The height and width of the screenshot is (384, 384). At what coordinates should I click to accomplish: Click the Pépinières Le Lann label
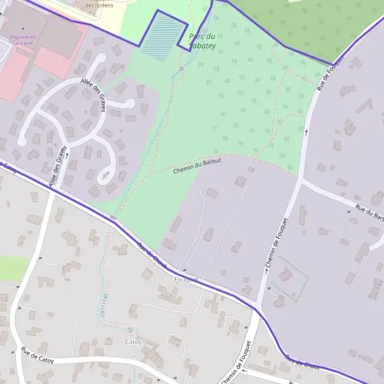[26, 40]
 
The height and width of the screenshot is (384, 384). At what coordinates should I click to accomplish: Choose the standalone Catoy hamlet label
[133, 342]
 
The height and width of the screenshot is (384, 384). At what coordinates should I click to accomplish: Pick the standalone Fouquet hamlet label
[186, 280]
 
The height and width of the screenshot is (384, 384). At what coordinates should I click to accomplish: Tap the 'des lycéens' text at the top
[99, 5]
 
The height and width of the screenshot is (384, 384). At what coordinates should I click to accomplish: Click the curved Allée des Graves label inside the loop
[93, 95]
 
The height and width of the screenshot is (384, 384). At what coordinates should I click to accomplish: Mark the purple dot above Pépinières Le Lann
[24, 29]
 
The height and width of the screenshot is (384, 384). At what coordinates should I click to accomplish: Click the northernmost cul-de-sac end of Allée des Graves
[100, 58]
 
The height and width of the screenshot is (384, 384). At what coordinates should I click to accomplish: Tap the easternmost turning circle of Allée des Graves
[130, 103]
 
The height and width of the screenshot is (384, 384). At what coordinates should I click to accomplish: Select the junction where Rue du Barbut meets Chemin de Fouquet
[300, 181]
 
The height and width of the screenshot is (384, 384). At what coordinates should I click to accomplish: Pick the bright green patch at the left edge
[12, 268]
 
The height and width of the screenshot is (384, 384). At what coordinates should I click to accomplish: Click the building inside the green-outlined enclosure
[285, 276]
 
